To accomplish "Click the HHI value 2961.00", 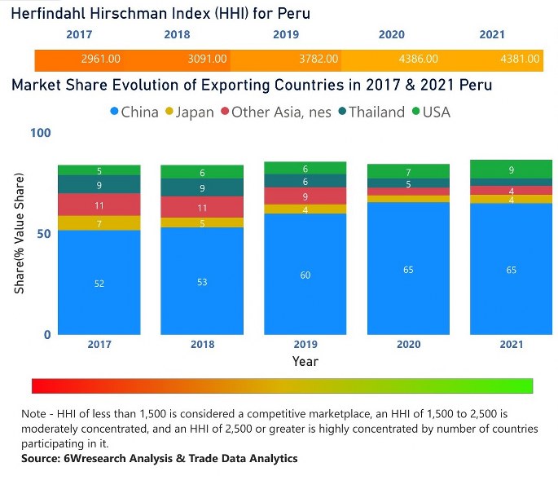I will point(101,59).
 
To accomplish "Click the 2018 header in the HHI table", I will point(177,35).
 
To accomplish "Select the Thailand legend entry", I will point(370,112).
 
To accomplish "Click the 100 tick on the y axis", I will point(41,133).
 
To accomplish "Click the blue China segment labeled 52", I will point(99,283).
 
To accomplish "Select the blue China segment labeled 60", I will point(305,275).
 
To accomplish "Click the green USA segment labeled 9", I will point(511,170).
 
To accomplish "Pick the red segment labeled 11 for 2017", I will point(99,205).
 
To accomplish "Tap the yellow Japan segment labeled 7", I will point(99,223).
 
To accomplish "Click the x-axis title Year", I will point(305,361).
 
